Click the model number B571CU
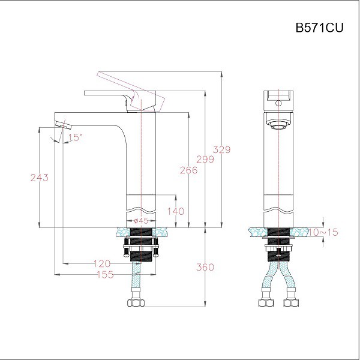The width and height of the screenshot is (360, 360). pyautogui.click(x=319, y=27)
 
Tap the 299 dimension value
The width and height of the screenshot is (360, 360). pyautogui.click(x=206, y=160)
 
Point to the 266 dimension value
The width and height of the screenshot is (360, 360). pyautogui.click(x=188, y=170)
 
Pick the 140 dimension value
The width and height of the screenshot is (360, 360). pyautogui.click(x=176, y=211)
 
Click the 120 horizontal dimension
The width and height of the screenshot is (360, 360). pyautogui.click(x=103, y=263)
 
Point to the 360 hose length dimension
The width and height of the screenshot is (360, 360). pyautogui.click(x=206, y=267)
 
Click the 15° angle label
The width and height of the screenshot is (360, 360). pyautogui.click(x=74, y=137)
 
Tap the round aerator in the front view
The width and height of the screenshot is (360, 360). pyautogui.click(x=278, y=125)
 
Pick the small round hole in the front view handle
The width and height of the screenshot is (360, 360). pyautogui.click(x=278, y=103)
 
